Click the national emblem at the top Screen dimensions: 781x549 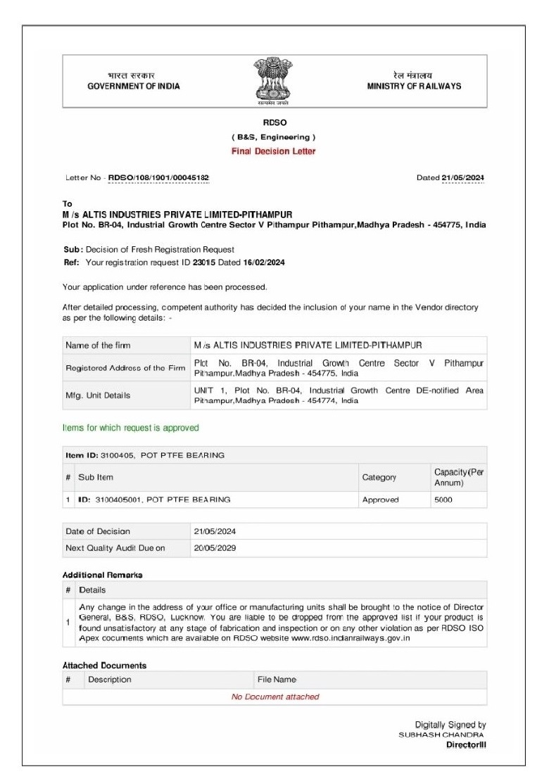point(274,82)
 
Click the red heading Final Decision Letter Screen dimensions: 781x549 point(274,151)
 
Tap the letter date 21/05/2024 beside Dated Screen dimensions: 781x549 point(463,178)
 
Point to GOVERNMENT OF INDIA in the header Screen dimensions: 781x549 point(132,87)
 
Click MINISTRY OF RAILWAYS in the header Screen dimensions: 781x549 point(414,87)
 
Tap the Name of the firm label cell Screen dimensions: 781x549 point(98,345)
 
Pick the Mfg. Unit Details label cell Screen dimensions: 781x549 point(98,395)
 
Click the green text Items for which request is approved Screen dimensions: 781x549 point(131,428)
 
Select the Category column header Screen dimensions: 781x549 point(379,477)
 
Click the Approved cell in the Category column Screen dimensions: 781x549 point(380,500)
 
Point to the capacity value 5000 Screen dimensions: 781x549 point(443,500)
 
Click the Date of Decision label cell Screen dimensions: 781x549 point(98,531)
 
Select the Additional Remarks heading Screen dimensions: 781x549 point(103,575)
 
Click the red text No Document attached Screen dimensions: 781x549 point(275,697)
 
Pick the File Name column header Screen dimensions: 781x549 point(277,680)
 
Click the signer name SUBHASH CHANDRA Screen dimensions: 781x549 point(442,735)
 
